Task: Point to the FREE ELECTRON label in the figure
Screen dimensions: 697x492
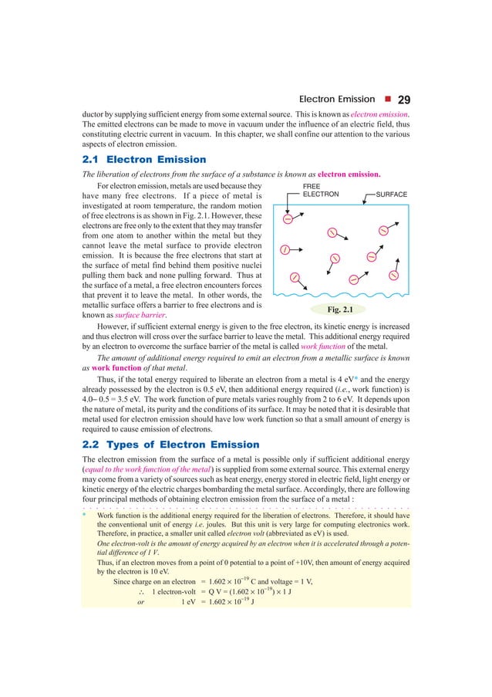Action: pyautogui.click(x=320, y=190)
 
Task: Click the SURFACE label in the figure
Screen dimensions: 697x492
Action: pyautogui.click(x=391, y=195)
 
